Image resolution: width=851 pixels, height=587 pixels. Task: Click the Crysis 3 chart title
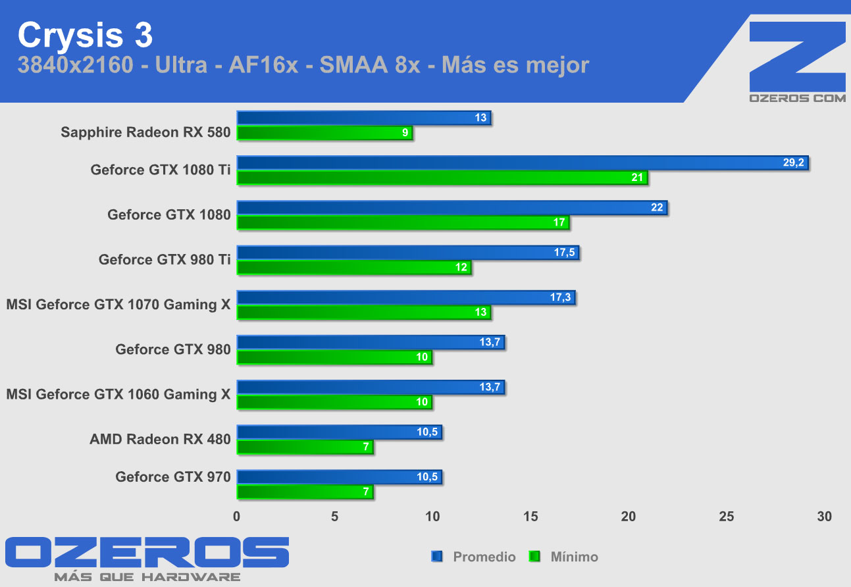[85, 36]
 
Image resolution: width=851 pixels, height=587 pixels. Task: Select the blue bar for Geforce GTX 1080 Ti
[522, 163]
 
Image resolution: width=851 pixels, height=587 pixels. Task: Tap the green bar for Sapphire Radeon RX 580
[324, 133]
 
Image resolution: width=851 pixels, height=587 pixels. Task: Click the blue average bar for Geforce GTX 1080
[451, 208]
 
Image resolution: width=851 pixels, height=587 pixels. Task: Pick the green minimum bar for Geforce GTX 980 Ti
[354, 268]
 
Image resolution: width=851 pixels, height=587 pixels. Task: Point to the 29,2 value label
[793, 163]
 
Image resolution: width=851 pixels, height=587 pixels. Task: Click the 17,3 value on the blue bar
[561, 297]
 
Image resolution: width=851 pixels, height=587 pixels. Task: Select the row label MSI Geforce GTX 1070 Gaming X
[118, 305]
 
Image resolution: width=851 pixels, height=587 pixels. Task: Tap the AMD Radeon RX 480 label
[160, 439]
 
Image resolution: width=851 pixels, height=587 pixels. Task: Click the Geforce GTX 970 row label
[172, 476]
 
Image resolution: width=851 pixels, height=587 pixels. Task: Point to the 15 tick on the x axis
[530, 517]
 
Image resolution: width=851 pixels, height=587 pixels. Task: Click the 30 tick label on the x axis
[824, 517]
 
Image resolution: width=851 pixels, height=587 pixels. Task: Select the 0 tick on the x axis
[237, 517]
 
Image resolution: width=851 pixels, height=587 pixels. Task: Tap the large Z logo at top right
[797, 56]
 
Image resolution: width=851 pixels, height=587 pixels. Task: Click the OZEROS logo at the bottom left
[147, 552]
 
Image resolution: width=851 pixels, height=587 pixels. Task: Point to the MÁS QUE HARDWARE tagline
[147, 577]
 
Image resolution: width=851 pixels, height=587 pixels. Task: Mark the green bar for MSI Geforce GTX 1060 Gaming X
[334, 402]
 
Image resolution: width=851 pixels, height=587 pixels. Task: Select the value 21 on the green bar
[636, 178]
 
